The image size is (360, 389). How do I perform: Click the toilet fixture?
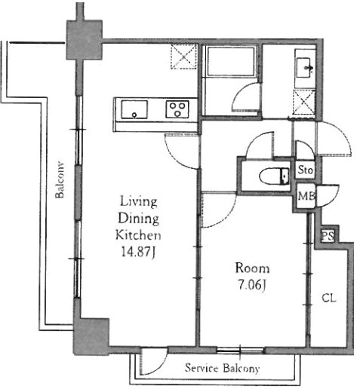[x=275, y=176]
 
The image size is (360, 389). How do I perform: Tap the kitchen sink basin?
[x=134, y=109]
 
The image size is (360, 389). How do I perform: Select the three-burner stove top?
[x=177, y=109]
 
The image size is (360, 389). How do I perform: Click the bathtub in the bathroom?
[x=231, y=62]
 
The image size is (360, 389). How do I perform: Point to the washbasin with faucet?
[x=305, y=67]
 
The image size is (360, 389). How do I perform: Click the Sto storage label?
[x=306, y=170]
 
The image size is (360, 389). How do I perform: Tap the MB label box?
[x=306, y=196]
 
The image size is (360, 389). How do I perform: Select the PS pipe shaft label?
[x=328, y=236]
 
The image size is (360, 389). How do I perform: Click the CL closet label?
[x=329, y=299]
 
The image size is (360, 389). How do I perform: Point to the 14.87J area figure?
[x=138, y=252]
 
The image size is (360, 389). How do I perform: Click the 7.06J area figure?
[x=252, y=285]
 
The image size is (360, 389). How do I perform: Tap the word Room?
[x=252, y=268]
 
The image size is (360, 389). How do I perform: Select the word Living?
[x=139, y=201]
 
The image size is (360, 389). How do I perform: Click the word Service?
[x=202, y=368]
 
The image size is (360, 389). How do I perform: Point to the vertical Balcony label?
[x=60, y=180]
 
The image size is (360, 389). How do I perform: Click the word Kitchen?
[x=138, y=235]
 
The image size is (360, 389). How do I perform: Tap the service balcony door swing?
[x=154, y=361]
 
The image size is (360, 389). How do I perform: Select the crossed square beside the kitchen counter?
[x=183, y=57]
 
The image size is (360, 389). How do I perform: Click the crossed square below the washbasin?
[x=304, y=102]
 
